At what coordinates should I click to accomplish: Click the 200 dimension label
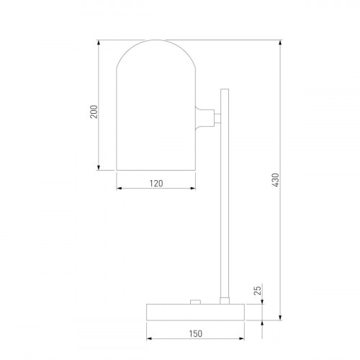coord(94,112)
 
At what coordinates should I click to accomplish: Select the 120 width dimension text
coord(156,184)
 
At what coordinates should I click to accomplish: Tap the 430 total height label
coord(276,180)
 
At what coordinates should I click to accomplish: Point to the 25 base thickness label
coord(257,290)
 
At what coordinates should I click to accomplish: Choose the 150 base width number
coord(195,333)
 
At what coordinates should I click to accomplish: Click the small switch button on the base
coord(195,302)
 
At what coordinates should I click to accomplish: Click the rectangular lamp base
coord(195,312)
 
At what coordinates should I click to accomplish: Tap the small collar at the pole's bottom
coord(225,301)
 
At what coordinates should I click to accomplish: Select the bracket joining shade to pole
coord(205,118)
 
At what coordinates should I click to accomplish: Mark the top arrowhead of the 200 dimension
coord(98,42)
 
